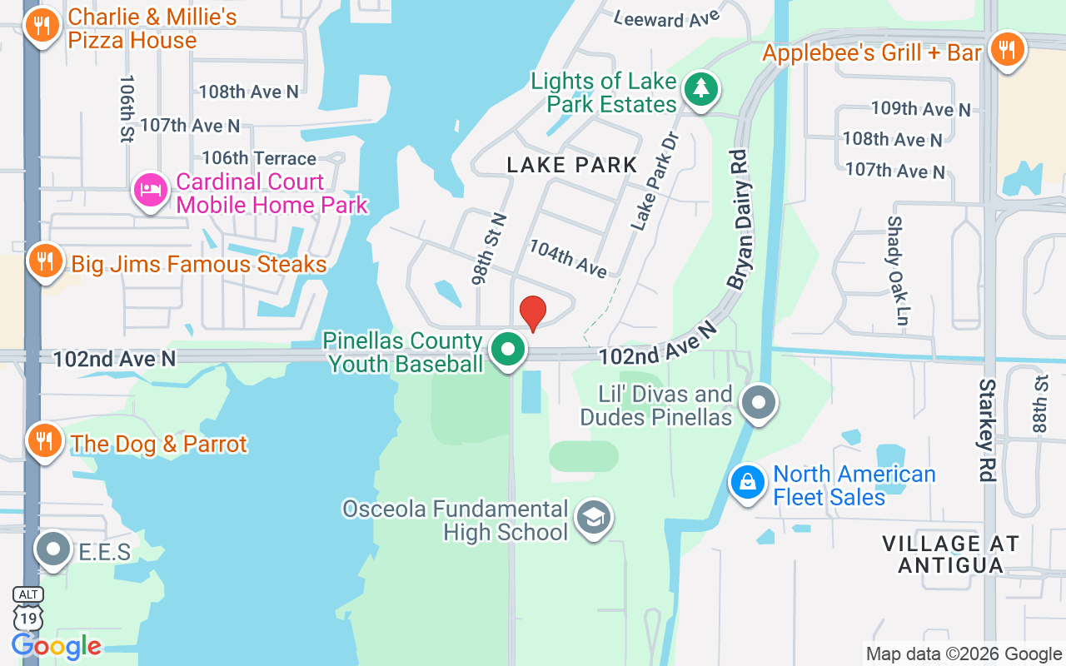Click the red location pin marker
pyautogui.click(x=533, y=313)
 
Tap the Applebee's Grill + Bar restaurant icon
pyautogui.click(x=1007, y=50)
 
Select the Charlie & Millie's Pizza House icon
pyautogui.click(x=40, y=27)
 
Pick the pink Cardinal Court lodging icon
pyautogui.click(x=151, y=191)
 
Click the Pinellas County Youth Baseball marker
pyautogui.click(x=507, y=350)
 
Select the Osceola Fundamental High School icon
pyautogui.click(x=594, y=519)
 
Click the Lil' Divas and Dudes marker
pyautogui.click(x=758, y=403)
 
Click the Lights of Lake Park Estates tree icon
pyautogui.click(x=700, y=89)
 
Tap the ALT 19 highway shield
pyautogui.click(x=27, y=609)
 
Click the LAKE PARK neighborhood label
pyautogui.click(x=572, y=165)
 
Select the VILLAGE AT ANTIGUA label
pyautogui.click(x=950, y=554)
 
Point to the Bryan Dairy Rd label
pyautogui.click(x=739, y=220)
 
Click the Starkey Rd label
pyautogui.click(x=988, y=430)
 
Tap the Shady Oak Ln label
pyautogui.click(x=896, y=270)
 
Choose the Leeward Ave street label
pyautogui.click(x=666, y=19)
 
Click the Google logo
pyautogui.click(x=57, y=646)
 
